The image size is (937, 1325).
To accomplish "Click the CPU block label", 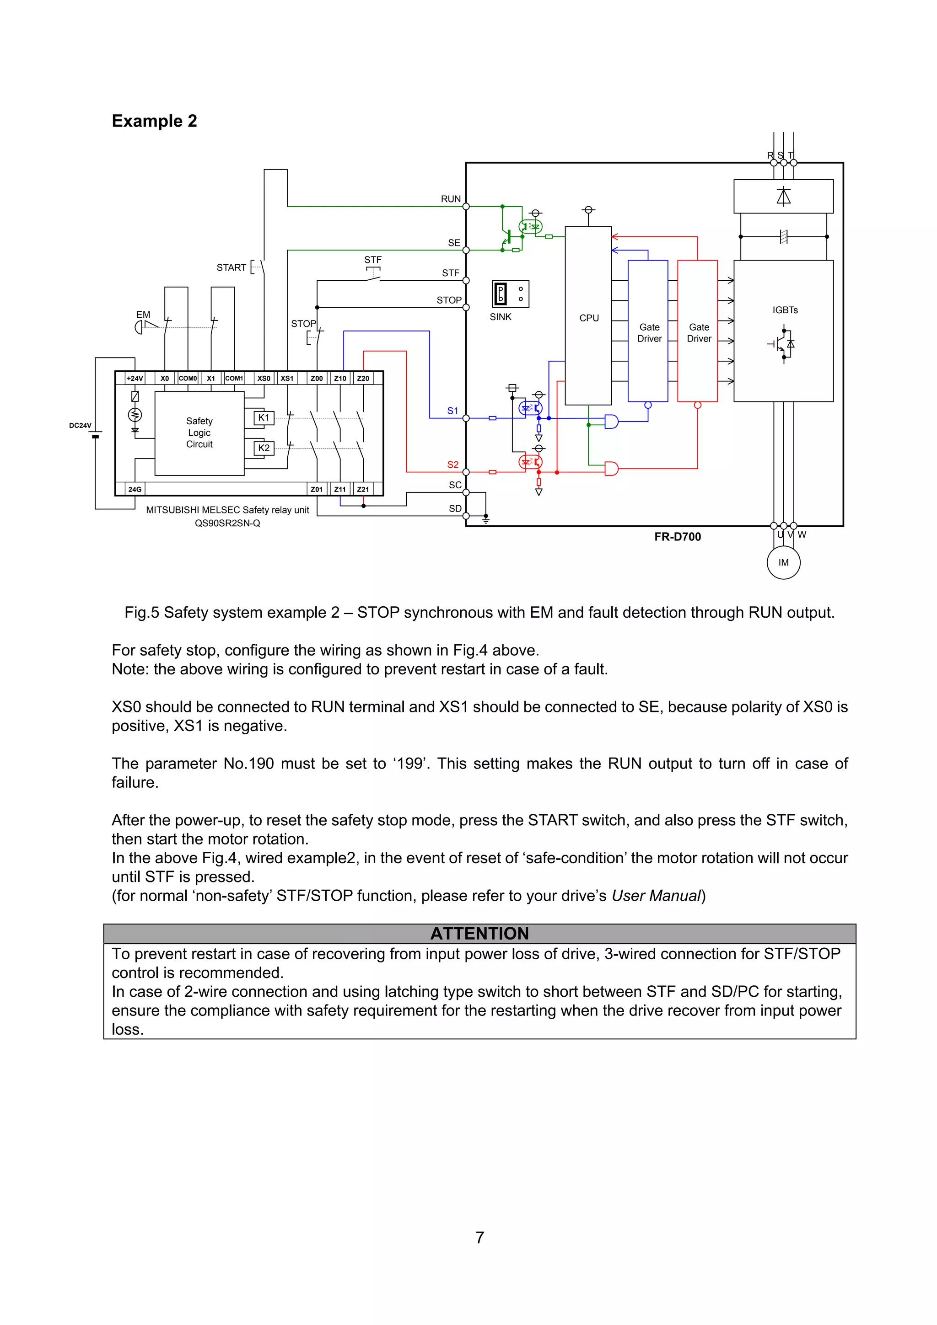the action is pyautogui.click(x=589, y=318).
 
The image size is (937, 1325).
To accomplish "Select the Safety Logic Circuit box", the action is pyautogui.click(x=199, y=433).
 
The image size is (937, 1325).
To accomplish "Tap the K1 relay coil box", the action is pyautogui.click(x=264, y=418).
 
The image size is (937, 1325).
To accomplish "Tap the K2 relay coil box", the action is pyautogui.click(x=264, y=448).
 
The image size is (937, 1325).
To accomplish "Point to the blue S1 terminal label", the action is pyautogui.click(x=452, y=411).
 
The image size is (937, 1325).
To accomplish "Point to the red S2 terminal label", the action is pyautogui.click(x=452, y=465).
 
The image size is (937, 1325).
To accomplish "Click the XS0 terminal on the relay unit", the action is pyautogui.click(x=264, y=379).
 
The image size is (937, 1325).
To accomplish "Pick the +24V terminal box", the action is pyautogui.click(x=135, y=379).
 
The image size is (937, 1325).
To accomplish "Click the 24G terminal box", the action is pyautogui.click(x=135, y=489).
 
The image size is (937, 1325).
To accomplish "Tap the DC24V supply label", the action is pyautogui.click(x=80, y=425).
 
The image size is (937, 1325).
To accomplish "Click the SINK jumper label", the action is pyautogui.click(x=501, y=317).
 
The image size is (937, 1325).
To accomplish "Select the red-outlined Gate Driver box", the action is pyautogui.click(x=697, y=332).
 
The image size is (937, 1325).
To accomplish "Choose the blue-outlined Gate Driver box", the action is pyautogui.click(x=648, y=332).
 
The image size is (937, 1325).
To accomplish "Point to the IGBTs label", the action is pyautogui.click(x=785, y=310).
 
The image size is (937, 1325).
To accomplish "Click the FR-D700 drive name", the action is pyautogui.click(x=678, y=537).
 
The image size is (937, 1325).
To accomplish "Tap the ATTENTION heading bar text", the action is pyautogui.click(x=480, y=933).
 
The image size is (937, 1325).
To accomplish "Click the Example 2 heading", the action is pyautogui.click(x=154, y=121).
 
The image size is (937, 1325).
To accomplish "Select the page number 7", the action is pyautogui.click(x=480, y=1237).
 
